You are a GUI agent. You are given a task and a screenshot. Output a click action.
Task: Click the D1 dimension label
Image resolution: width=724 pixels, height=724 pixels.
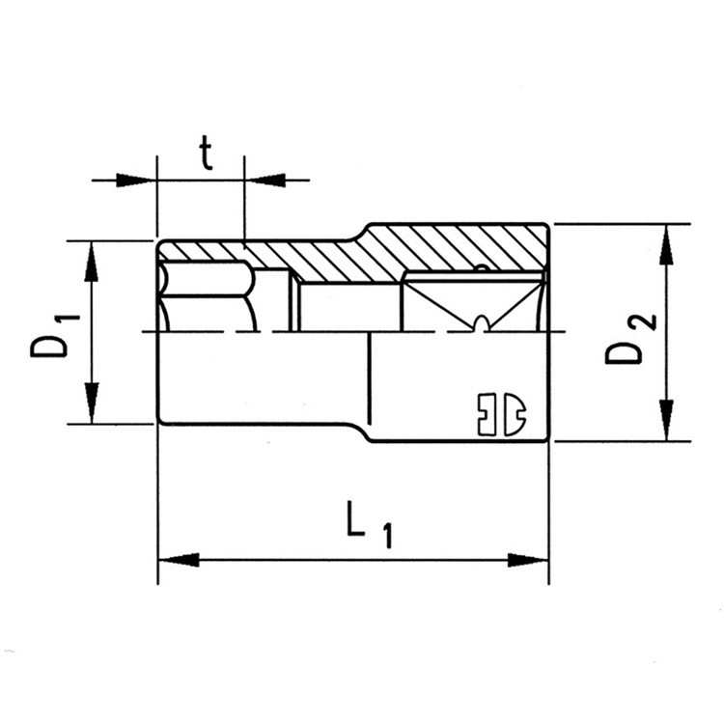[x=54, y=336]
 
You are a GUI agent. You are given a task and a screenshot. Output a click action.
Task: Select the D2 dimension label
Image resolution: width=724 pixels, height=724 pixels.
[x=630, y=340]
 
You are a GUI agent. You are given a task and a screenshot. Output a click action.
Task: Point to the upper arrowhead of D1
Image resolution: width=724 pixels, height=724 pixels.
[x=92, y=262]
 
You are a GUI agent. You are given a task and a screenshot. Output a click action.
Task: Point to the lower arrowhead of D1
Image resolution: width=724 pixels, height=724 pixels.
[x=92, y=403]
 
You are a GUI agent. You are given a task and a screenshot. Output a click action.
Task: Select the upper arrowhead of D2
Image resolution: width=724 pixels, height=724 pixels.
[x=666, y=245]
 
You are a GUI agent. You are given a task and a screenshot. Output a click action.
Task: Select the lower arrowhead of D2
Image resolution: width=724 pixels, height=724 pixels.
[x=666, y=421]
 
